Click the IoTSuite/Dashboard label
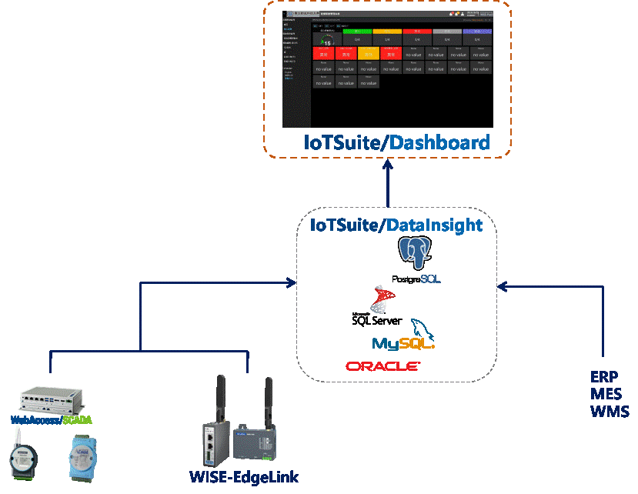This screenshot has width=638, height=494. click(396, 142)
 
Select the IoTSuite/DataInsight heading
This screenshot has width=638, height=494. click(396, 225)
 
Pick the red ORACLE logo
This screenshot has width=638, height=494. click(382, 366)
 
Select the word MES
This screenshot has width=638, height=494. click(606, 394)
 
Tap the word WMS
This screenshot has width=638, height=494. click(610, 411)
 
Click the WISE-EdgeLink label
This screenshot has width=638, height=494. click(243, 477)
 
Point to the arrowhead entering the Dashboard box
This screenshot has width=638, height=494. click(387, 164)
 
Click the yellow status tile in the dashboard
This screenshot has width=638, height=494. click(369, 53)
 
